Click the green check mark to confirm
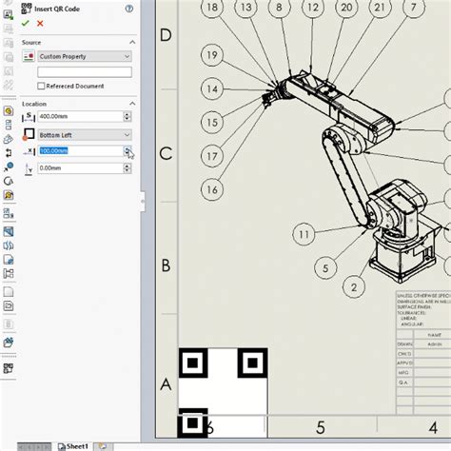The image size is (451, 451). (x=26, y=22)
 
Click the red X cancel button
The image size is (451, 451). (x=40, y=22)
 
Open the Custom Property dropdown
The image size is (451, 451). (x=83, y=57)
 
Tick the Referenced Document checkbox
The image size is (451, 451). (x=41, y=86)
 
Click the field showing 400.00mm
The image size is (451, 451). (x=80, y=116)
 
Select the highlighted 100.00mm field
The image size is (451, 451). (x=80, y=151)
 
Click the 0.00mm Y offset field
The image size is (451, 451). (x=80, y=168)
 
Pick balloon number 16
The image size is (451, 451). (x=211, y=189)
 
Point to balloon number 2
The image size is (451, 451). (x=354, y=285)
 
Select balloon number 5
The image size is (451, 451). (x=324, y=268)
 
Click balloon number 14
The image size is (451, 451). (x=210, y=89)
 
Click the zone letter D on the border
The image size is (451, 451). (x=165, y=36)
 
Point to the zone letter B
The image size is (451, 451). (x=165, y=265)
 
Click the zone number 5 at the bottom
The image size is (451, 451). (x=321, y=428)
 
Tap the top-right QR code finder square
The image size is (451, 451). (x=251, y=362)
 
